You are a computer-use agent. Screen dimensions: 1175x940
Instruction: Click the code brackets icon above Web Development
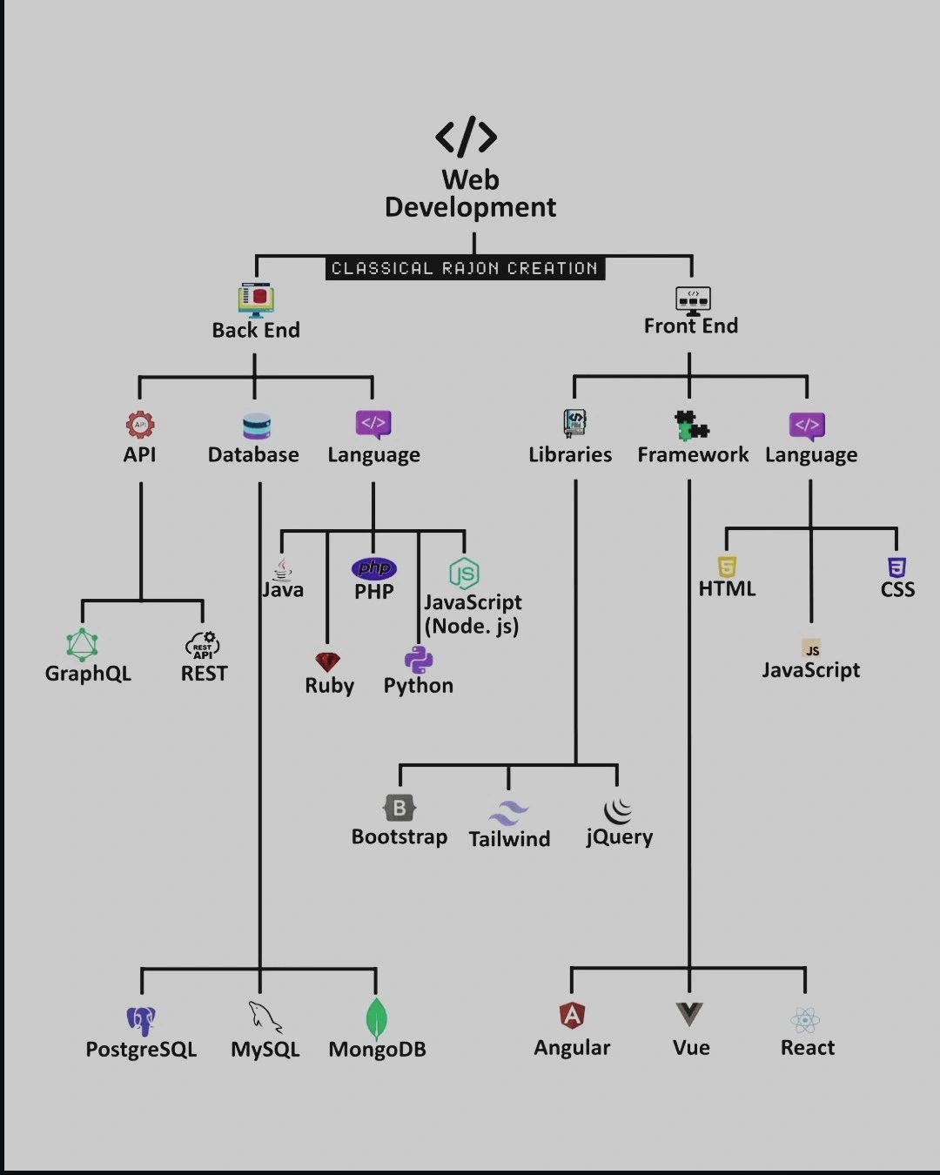click(x=467, y=137)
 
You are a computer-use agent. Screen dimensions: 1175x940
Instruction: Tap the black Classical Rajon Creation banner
click(x=465, y=268)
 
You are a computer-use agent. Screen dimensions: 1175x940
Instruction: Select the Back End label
click(x=256, y=331)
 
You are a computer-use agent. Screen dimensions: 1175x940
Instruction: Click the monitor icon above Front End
click(x=693, y=299)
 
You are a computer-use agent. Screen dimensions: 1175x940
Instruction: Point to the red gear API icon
click(x=140, y=425)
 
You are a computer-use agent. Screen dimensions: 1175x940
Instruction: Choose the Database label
click(x=253, y=455)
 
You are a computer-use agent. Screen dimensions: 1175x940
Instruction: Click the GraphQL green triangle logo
click(x=83, y=645)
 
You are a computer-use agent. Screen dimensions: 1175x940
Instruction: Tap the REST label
click(x=204, y=674)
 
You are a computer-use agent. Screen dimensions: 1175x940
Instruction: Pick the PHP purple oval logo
click(x=374, y=568)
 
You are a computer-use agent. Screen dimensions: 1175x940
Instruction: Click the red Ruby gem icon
click(x=328, y=662)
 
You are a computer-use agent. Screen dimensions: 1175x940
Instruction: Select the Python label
click(x=419, y=686)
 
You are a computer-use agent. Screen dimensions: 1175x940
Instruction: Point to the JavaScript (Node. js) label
click(x=473, y=614)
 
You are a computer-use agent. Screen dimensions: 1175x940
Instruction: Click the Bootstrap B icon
click(x=399, y=808)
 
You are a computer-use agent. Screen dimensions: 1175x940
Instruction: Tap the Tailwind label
click(x=509, y=839)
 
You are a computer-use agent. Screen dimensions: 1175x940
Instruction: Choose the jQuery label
click(x=619, y=837)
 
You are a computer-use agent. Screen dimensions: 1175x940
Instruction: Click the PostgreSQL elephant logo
click(x=140, y=1020)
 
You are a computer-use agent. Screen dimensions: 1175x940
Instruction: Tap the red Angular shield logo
click(x=572, y=1015)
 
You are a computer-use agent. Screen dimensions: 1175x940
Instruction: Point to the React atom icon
click(x=806, y=1019)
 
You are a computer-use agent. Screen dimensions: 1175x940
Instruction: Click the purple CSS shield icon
click(x=896, y=567)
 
